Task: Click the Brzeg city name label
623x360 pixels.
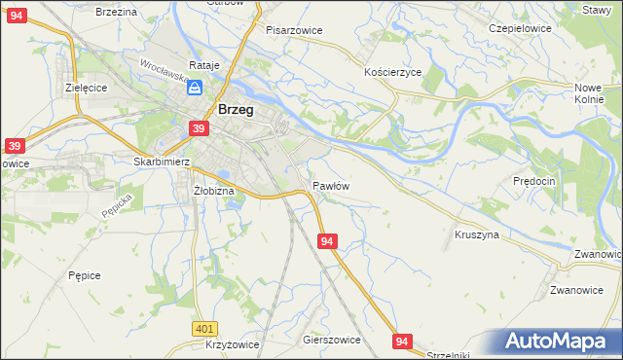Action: (237, 110)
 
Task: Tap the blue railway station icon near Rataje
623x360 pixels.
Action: (196, 88)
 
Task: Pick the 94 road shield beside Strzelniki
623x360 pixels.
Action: (403, 341)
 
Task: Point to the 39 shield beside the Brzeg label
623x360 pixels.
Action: (199, 128)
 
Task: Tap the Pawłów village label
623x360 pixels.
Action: (331, 185)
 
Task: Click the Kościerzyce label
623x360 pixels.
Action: (392, 73)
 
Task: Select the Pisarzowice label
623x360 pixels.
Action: (294, 30)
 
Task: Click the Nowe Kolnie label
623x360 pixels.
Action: (589, 93)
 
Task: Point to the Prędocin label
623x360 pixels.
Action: (533, 181)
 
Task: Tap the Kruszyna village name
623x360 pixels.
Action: (477, 234)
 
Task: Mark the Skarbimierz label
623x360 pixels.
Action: (162, 162)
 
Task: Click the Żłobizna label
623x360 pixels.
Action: (214, 191)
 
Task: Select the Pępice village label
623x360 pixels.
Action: (85, 275)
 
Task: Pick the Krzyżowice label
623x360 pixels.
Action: (233, 345)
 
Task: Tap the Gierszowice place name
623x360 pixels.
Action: (332, 341)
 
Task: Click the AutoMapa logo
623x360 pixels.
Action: (559, 342)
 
